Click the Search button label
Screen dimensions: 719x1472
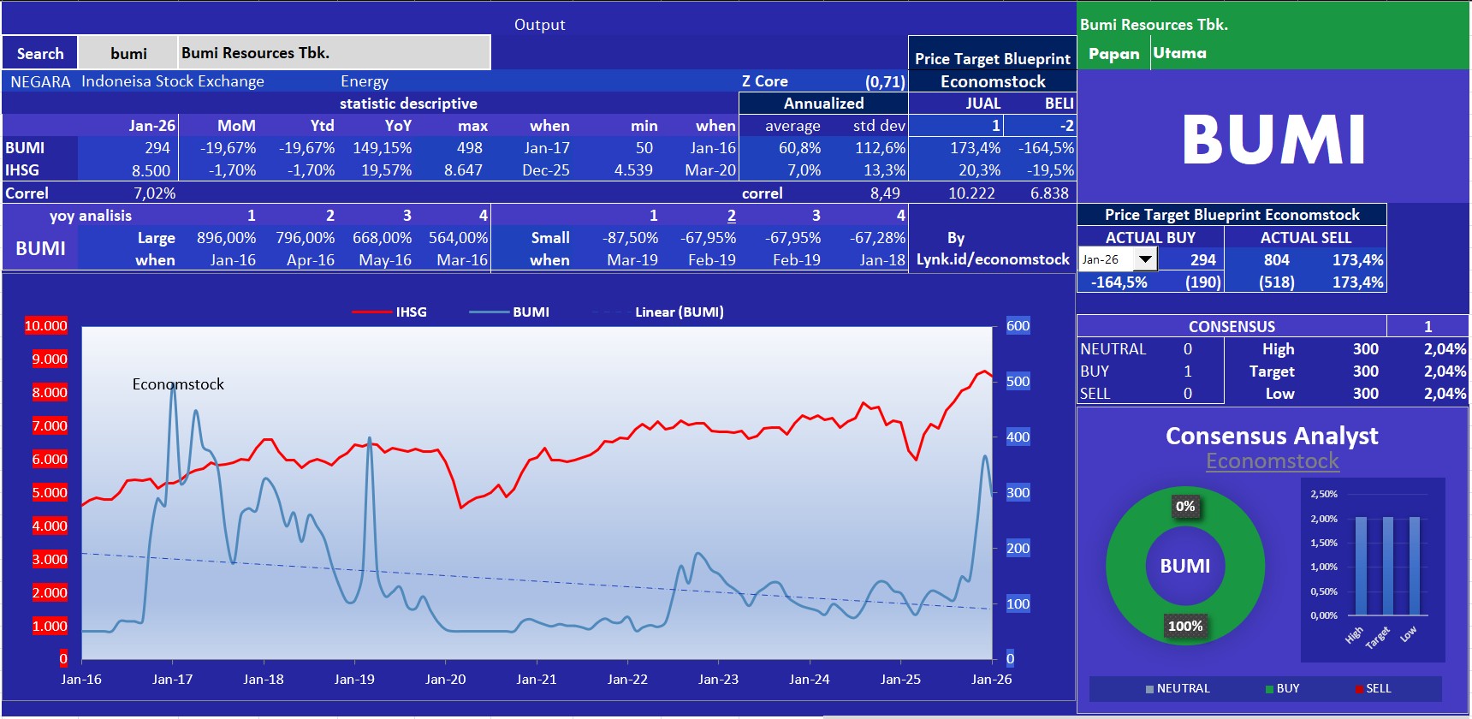coord(40,53)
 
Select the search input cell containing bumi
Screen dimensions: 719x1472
coord(128,53)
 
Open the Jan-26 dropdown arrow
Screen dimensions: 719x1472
coord(1145,259)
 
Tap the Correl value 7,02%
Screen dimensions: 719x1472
coord(154,193)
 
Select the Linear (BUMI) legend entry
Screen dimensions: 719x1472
coord(679,312)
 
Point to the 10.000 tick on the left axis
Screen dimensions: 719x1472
coord(46,326)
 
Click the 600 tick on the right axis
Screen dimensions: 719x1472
coord(1018,326)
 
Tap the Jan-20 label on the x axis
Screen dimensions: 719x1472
coord(445,680)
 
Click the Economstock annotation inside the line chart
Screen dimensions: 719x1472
coord(178,384)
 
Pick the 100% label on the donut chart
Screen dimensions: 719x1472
coord(1185,626)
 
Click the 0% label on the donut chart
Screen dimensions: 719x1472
coord(1185,506)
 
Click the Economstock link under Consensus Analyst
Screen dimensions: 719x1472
coord(1273,461)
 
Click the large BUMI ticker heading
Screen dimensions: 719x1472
coord(1273,140)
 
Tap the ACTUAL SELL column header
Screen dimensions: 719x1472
coord(1305,237)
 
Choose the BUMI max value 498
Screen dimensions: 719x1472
coord(469,148)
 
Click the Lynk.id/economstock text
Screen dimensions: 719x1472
coord(993,259)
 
